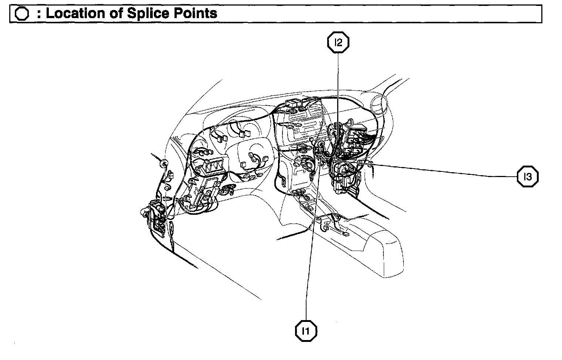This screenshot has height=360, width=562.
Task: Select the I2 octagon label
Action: (x=338, y=43)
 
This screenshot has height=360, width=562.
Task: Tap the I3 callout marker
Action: (x=527, y=177)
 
